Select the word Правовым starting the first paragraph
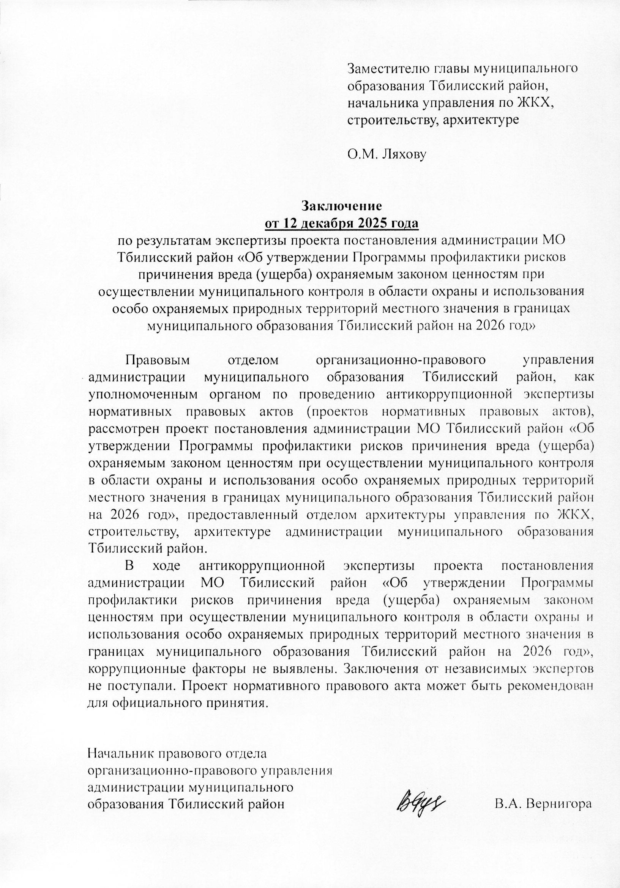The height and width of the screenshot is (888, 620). (x=158, y=360)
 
